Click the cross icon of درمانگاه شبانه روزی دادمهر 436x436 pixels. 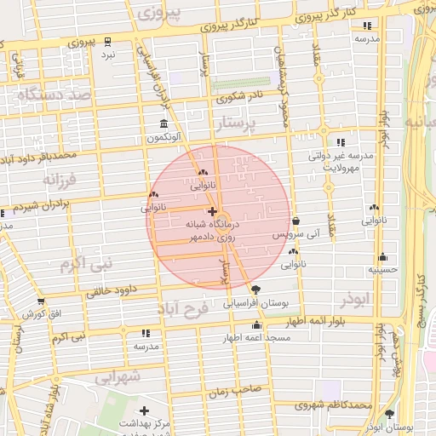[x=212, y=210]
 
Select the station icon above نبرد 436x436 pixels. [x=107, y=41]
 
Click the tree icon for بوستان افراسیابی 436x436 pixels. [x=256, y=290]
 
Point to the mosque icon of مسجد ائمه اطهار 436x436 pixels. [x=256, y=325]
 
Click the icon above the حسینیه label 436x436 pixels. [x=383, y=256]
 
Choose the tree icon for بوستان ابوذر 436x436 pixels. [x=389, y=414]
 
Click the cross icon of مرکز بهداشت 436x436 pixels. [x=143, y=411]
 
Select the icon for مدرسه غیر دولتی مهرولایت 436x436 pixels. [x=341, y=142]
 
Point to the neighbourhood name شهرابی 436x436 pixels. [x=117, y=376]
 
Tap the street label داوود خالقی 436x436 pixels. [x=112, y=291]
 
